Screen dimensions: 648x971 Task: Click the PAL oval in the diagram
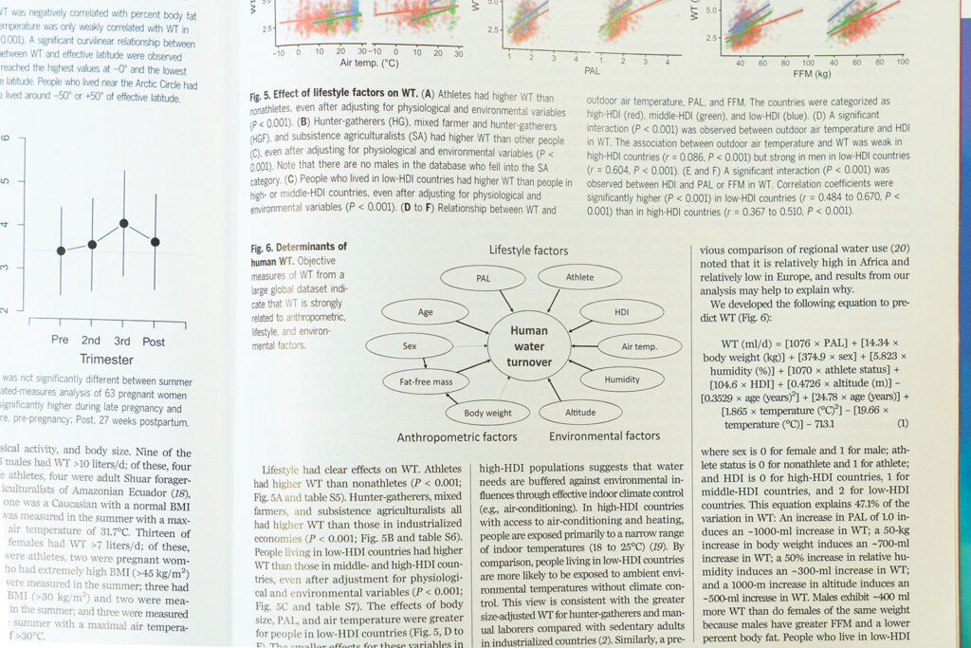point(482,278)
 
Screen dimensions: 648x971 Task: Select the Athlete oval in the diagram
point(580,277)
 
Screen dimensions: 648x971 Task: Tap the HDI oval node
point(621,311)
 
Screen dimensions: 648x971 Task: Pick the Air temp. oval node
point(640,347)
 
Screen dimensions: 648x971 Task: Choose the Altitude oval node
point(580,413)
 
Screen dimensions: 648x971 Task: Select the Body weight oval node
point(486,413)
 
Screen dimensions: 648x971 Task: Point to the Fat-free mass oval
point(425,381)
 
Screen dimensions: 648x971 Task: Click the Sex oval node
point(409,346)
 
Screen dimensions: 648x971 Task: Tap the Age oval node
point(425,312)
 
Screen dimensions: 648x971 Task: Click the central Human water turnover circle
point(528,345)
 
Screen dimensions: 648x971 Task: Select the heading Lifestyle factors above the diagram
point(528,250)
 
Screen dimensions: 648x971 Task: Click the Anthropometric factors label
point(457,437)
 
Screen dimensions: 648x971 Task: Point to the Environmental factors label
point(604,436)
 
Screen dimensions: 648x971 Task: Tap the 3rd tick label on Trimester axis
point(122,342)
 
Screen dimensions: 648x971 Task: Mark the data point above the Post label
point(156,242)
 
